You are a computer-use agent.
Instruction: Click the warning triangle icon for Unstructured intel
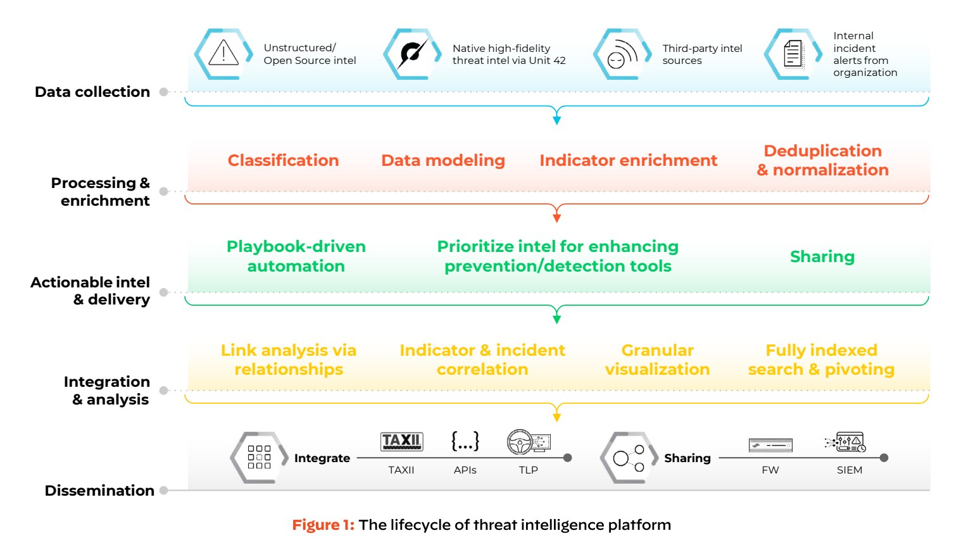click(x=223, y=53)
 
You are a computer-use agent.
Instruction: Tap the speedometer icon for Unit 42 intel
click(x=412, y=54)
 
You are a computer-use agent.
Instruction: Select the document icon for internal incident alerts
click(x=793, y=54)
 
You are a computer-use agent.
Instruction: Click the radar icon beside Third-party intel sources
click(x=622, y=54)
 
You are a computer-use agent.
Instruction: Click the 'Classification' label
click(x=283, y=160)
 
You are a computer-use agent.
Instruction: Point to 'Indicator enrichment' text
click(x=628, y=160)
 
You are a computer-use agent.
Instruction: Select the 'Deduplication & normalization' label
click(x=822, y=160)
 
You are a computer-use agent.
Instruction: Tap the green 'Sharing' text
click(x=822, y=256)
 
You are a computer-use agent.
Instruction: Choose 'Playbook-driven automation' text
click(x=296, y=256)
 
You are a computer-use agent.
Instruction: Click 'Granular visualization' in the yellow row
click(x=657, y=360)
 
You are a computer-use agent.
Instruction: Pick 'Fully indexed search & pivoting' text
click(x=821, y=360)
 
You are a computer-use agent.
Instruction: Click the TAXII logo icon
click(x=401, y=441)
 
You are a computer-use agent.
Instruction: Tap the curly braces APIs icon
click(x=465, y=441)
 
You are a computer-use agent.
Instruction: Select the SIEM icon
click(x=846, y=442)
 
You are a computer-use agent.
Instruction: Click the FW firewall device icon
click(x=770, y=446)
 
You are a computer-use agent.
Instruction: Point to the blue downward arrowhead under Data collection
click(x=556, y=119)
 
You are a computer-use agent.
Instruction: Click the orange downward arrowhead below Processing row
click(x=556, y=217)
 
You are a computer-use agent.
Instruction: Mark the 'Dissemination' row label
click(x=99, y=491)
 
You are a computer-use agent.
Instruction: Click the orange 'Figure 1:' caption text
click(x=323, y=525)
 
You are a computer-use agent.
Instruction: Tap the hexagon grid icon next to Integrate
click(x=259, y=457)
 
